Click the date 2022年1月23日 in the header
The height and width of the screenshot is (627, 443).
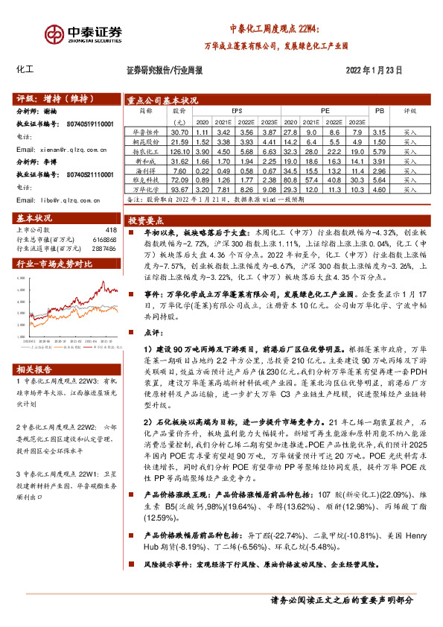pos(373,70)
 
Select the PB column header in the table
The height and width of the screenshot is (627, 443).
pos(379,110)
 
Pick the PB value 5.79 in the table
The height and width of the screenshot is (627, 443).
pos(379,150)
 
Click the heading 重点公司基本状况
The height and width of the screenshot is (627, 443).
pos(162,100)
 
